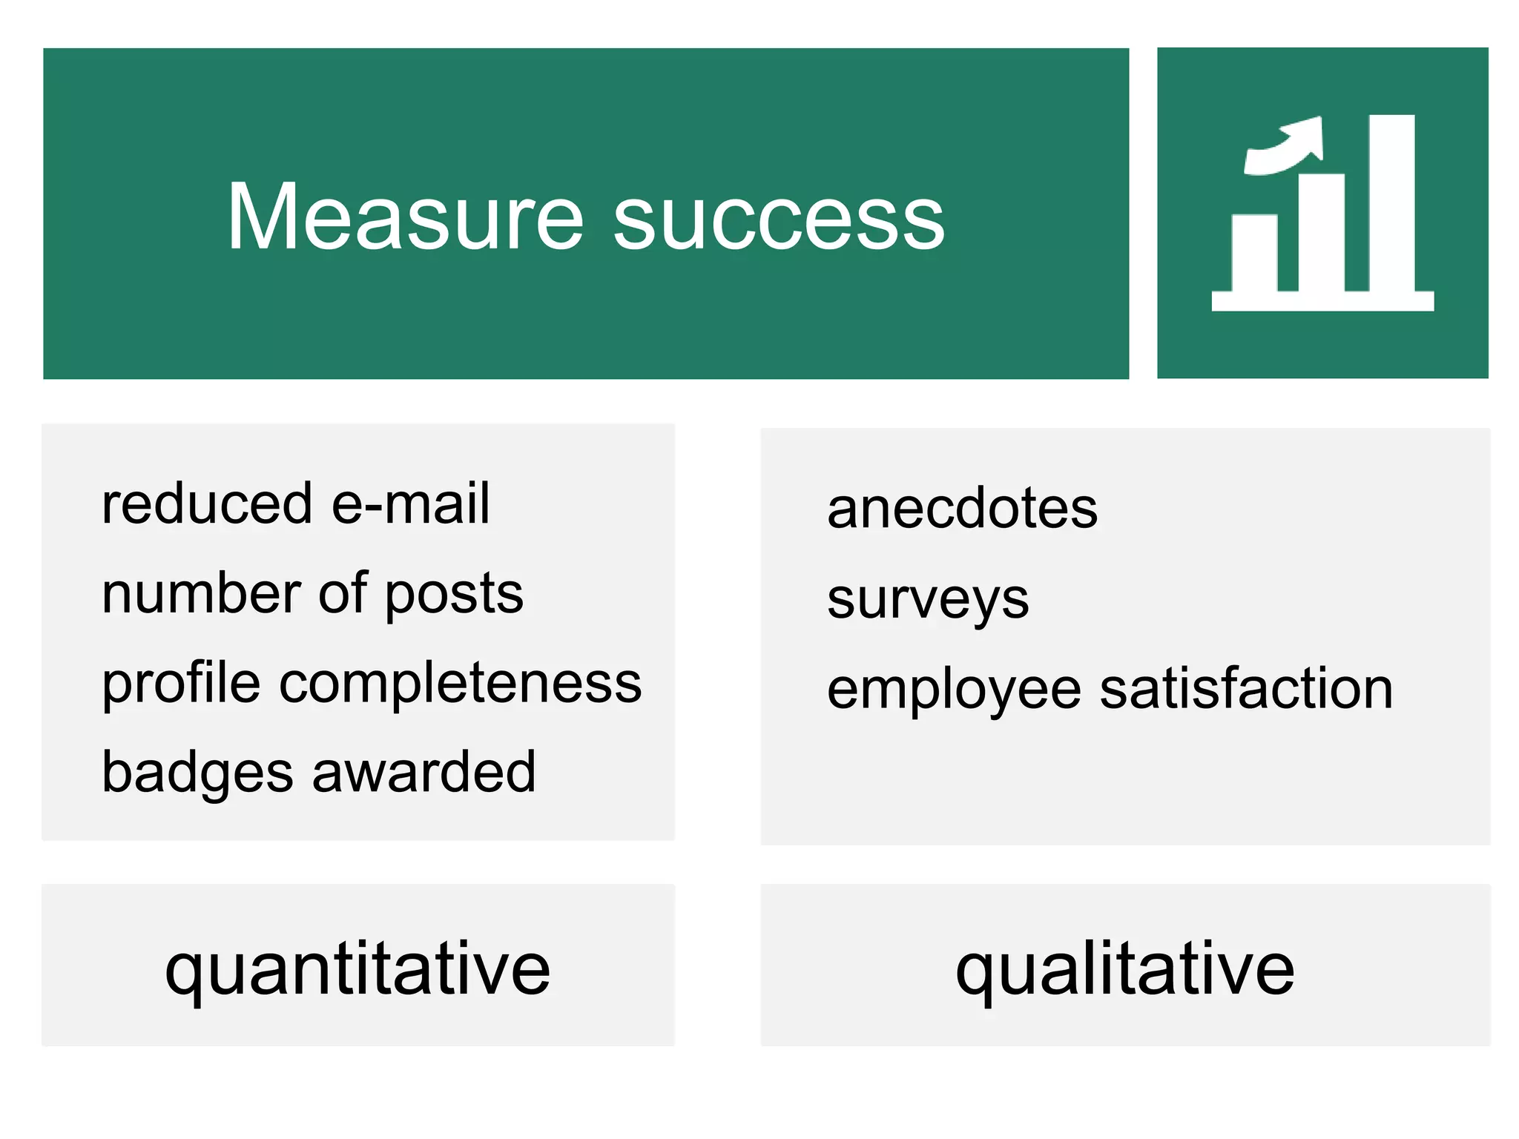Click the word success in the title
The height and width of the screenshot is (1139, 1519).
coord(779,219)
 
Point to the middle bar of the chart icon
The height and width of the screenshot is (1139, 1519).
coord(1322,231)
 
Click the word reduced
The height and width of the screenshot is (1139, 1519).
coord(207,504)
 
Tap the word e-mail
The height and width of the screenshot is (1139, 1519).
coord(410,504)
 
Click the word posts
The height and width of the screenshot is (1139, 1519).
coord(454,595)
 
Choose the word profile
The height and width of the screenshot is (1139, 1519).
coord(181,684)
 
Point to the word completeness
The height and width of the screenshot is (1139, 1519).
coord(461,684)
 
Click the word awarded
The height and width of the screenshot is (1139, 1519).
coord(424,772)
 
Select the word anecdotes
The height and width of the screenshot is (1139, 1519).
coord(962,509)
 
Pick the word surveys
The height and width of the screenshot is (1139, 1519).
coord(928,600)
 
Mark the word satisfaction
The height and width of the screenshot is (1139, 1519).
coord(1246,689)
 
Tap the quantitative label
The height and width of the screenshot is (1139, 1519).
coord(357,968)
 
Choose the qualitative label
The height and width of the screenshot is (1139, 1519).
coord(1124,968)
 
